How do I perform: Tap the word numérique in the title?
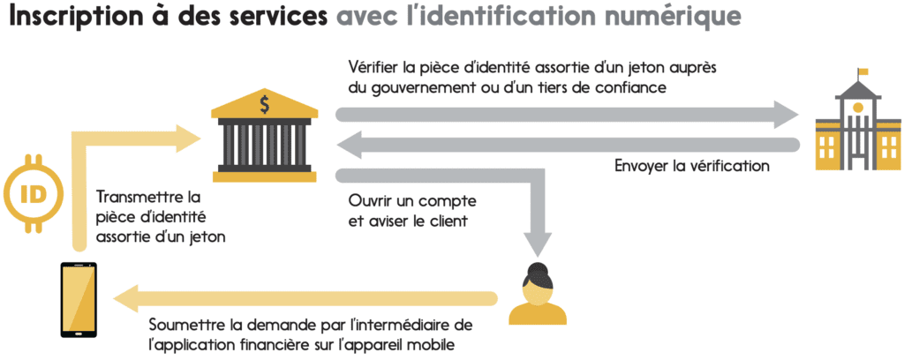(x=667, y=18)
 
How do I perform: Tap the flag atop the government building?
(x=863, y=72)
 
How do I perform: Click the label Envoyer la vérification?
(x=692, y=166)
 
